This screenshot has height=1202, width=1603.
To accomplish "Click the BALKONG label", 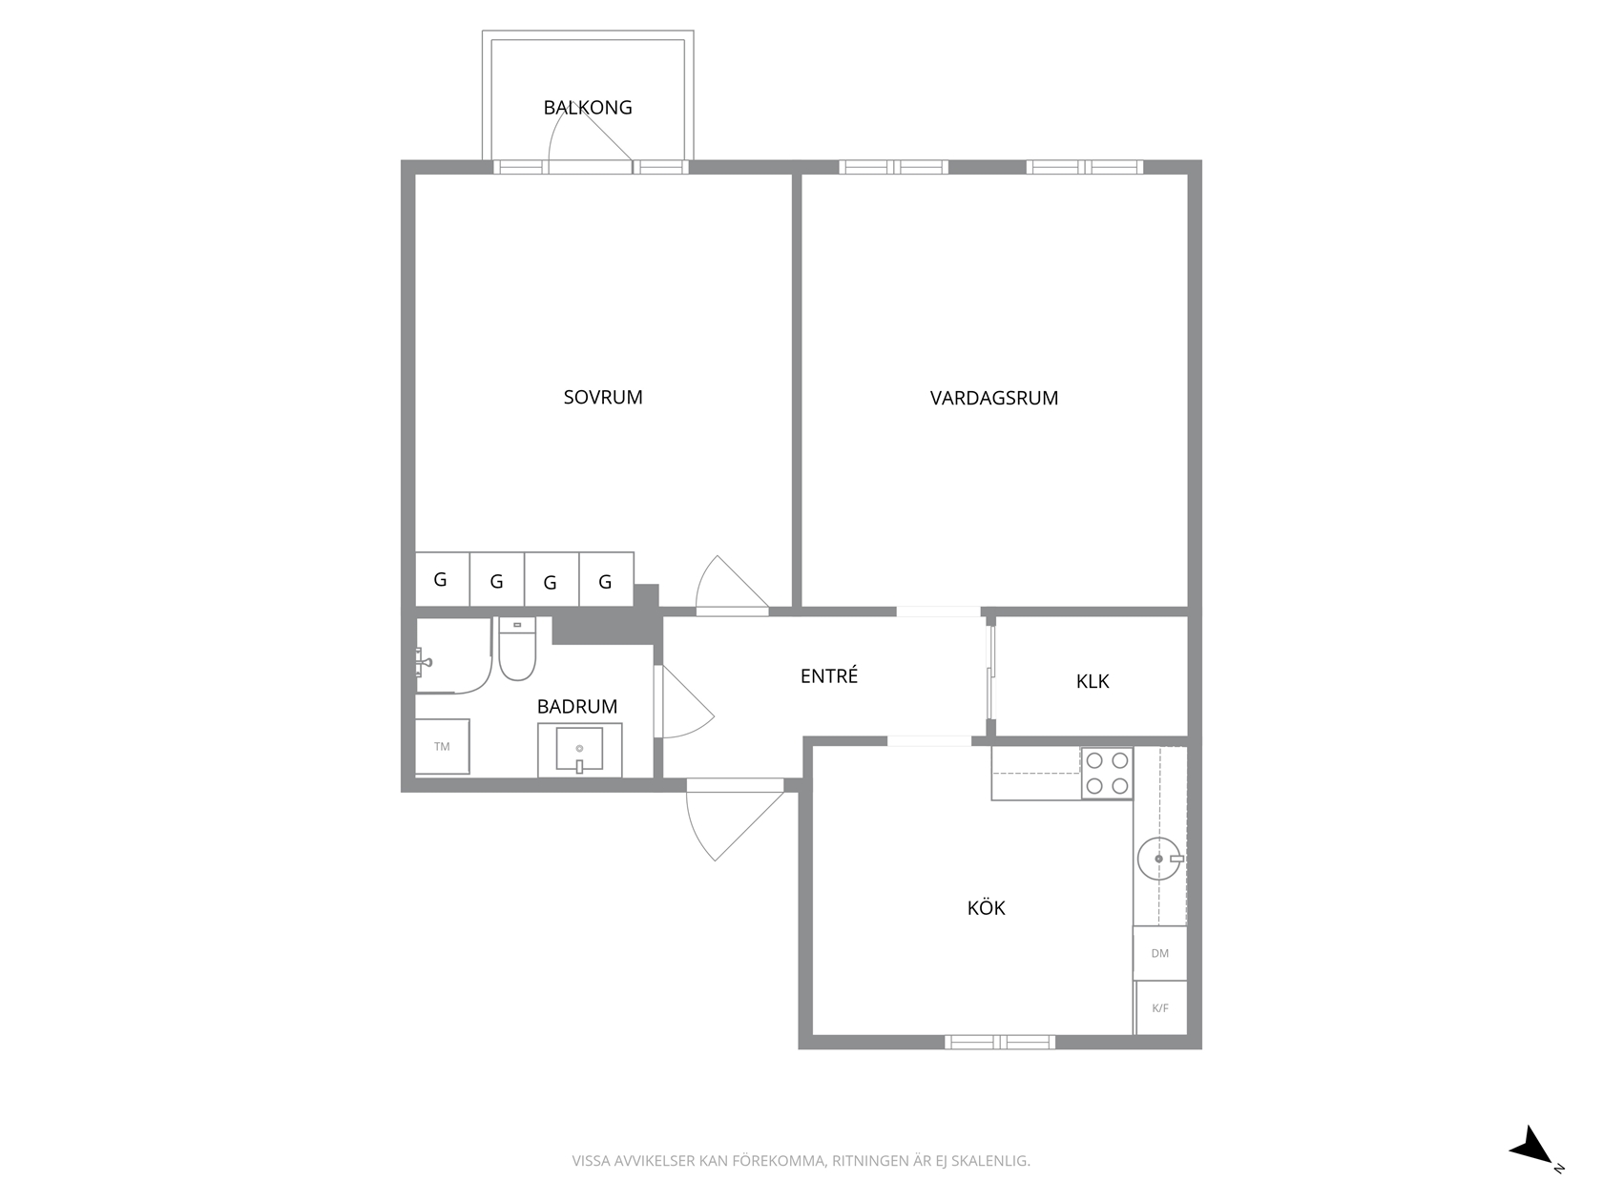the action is tap(587, 107).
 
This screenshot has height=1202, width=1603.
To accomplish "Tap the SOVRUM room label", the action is tap(602, 397).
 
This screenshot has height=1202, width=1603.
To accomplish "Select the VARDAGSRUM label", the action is tap(993, 398).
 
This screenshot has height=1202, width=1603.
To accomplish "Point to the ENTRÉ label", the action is tap(829, 675).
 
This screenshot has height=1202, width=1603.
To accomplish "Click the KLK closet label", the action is tap(1093, 681).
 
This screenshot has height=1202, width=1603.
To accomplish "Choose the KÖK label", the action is tap(986, 907).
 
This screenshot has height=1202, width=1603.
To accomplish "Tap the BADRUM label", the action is tap(577, 707).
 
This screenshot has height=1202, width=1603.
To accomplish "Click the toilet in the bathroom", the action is tap(517, 648).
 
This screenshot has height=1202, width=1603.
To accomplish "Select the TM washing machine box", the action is tap(442, 746).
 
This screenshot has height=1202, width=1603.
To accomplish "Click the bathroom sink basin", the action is tap(579, 749).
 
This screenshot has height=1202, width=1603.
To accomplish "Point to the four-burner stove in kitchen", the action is tap(1107, 773).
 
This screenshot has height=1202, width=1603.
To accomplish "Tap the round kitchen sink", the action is tap(1159, 859).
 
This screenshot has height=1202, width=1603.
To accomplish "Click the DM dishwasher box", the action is tap(1159, 953).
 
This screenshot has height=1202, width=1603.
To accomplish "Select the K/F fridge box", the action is tap(1160, 1008).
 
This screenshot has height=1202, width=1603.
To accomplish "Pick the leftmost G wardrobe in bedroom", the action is tap(442, 579).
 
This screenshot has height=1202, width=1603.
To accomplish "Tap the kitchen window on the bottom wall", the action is tap(1000, 1042).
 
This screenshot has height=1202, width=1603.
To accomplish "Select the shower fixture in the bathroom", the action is tap(423, 662).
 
